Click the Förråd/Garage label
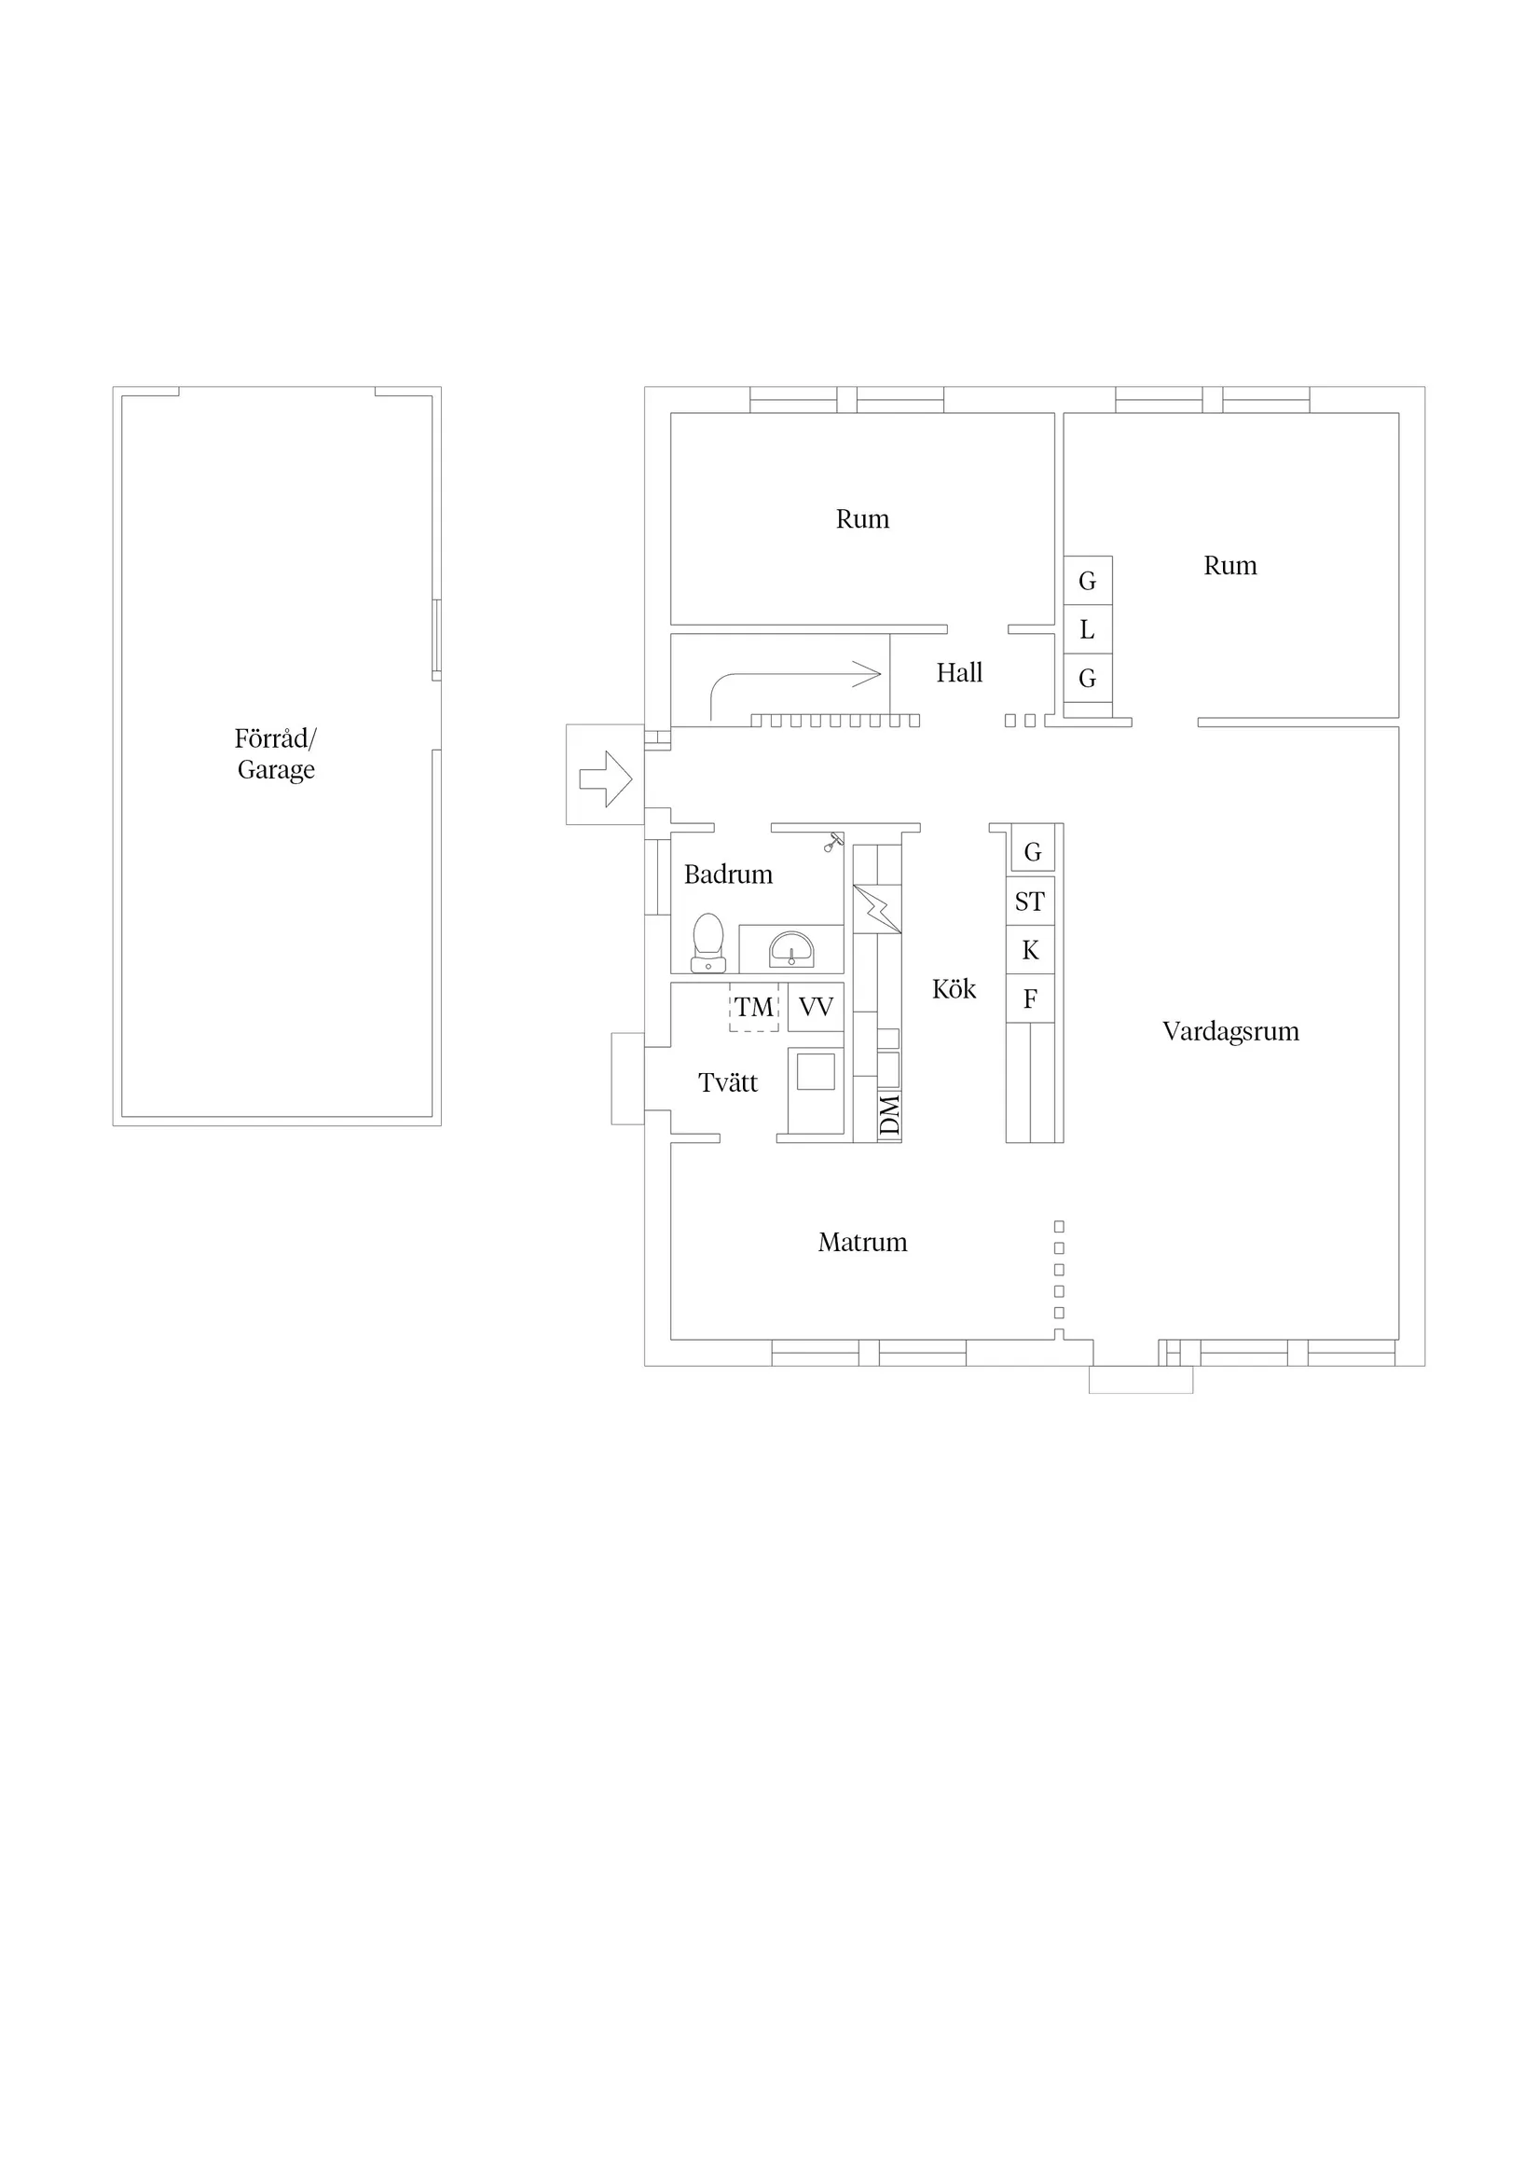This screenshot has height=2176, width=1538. coord(276,754)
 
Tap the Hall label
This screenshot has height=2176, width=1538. coord(959,673)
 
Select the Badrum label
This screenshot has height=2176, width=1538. coord(728,874)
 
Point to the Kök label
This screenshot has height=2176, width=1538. coord(954,989)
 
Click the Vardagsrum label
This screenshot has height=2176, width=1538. coord(1230,1032)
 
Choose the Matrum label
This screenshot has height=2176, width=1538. coord(862,1243)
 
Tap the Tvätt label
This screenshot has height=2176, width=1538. coord(728,1082)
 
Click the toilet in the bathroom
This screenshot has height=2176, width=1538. coord(707,943)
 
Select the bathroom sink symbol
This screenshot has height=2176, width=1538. coord(790,949)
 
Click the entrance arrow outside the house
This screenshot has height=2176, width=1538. coord(606,779)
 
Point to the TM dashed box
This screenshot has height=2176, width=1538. coord(754,1008)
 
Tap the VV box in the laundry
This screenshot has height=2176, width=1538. coord(815,1008)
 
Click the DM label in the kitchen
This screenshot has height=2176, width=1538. coord(889,1115)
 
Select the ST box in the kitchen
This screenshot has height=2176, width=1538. coord(1030,902)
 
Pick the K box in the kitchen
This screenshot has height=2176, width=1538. coord(1030,950)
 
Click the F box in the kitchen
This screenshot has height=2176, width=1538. coord(1030,998)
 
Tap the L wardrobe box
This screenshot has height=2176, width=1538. coord(1088,629)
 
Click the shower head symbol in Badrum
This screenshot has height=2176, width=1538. coord(832,842)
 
